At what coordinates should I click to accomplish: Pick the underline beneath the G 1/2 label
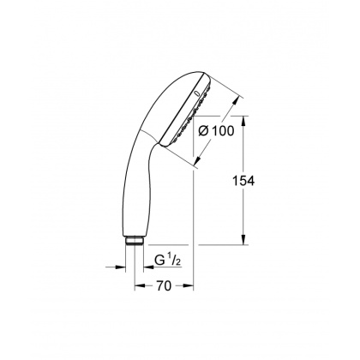tap(168, 265)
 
